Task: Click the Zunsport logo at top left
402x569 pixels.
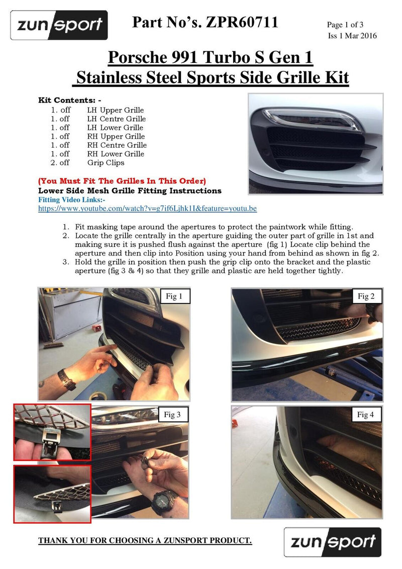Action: (x=59, y=25)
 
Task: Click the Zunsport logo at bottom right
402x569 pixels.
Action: (x=332, y=542)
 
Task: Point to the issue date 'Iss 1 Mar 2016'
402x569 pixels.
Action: (x=352, y=36)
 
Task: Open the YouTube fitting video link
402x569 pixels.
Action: (x=148, y=208)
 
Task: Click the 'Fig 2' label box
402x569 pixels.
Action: (x=366, y=297)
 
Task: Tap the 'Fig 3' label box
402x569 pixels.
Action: (x=172, y=415)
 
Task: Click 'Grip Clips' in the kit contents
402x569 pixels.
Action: (x=106, y=163)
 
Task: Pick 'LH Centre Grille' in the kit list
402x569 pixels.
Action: (x=117, y=119)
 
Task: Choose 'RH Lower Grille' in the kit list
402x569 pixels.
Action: (x=116, y=154)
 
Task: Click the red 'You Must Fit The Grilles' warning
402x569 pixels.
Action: (x=122, y=181)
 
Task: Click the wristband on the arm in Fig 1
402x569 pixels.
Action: (x=66, y=379)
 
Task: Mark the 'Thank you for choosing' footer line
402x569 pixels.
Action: (x=145, y=540)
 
